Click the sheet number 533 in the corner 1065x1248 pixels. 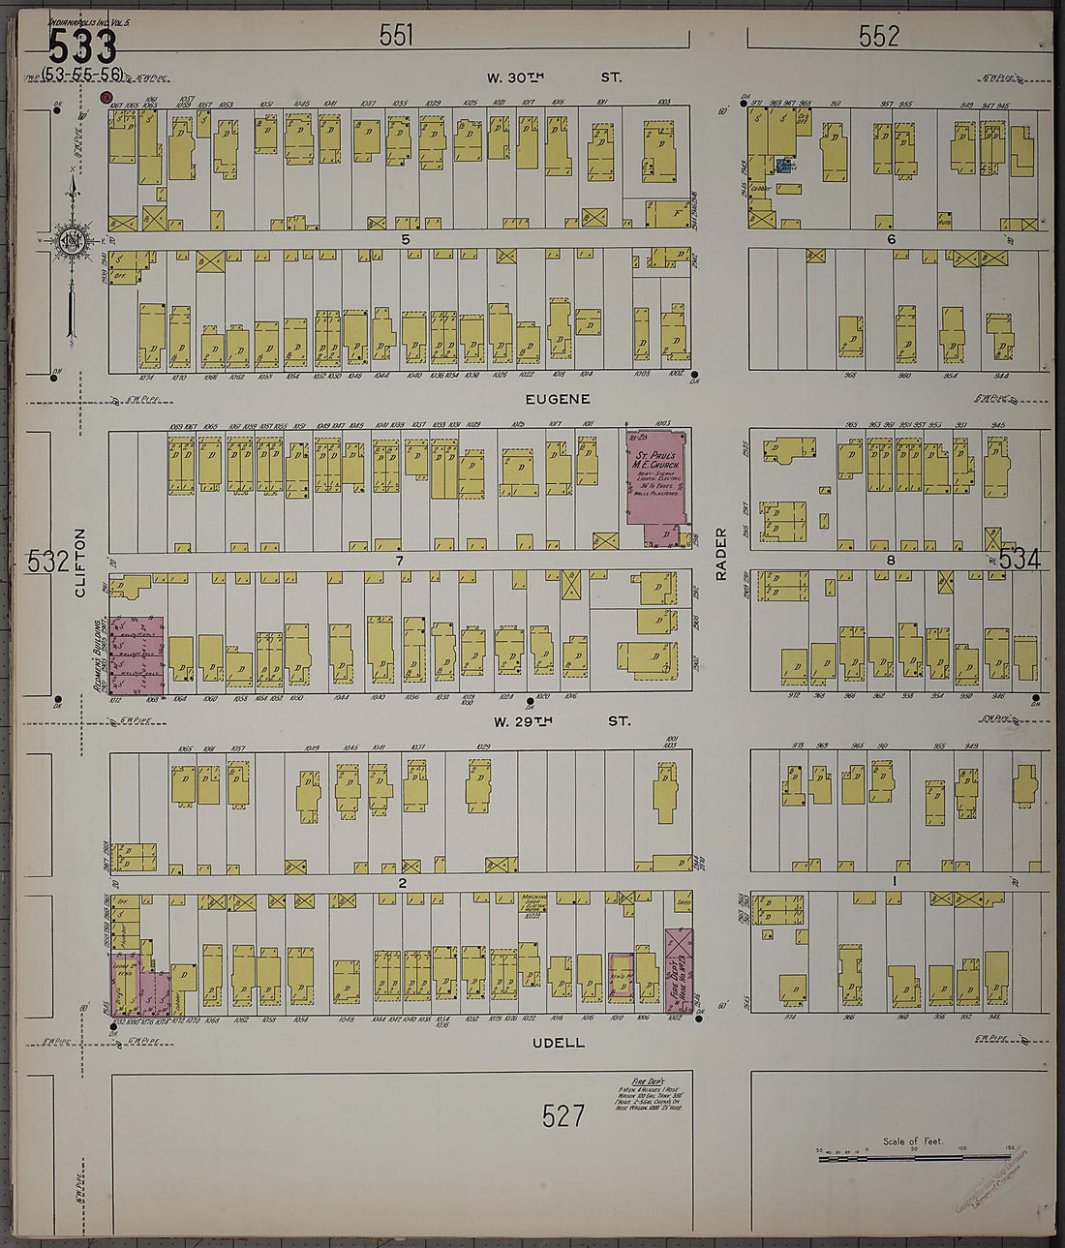pyautogui.click(x=82, y=45)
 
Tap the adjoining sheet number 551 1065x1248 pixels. pyautogui.click(x=396, y=36)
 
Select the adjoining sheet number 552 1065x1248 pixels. pyautogui.click(x=879, y=37)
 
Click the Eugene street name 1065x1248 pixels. pyautogui.click(x=558, y=399)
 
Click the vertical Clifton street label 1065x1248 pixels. pyautogui.click(x=80, y=562)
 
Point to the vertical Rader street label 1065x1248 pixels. pyautogui.click(x=720, y=554)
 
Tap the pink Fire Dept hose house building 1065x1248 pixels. pyautogui.click(x=678, y=971)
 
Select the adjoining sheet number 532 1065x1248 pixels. pyautogui.click(x=47, y=561)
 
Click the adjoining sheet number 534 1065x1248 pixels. pyautogui.click(x=1019, y=559)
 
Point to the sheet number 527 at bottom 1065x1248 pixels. pyautogui.click(x=563, y=1116)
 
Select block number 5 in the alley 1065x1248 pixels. pyautogui.click(x=406, y=239)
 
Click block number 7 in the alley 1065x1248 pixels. pyautogui.click(x=398, y=561)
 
